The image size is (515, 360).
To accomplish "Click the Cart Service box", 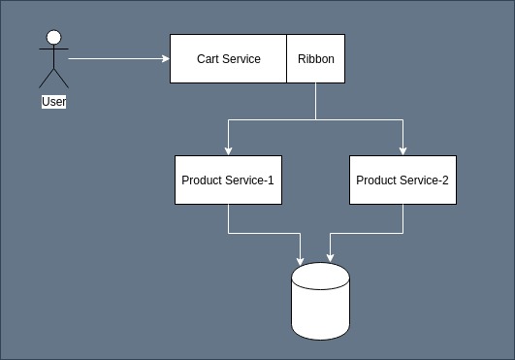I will pos(228,59).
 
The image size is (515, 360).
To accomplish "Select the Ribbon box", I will pos(315,59).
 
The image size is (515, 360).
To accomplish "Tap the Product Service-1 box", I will pos(228,180).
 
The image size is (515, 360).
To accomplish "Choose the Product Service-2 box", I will pos(402,180).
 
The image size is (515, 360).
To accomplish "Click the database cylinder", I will pos(320,300).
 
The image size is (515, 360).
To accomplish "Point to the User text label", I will pos(54,101).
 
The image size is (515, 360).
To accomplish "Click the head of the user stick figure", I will pos(54,38).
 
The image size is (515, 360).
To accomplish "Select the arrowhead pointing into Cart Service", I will pos(165,59).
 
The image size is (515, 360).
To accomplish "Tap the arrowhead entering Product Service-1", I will pos(228,149).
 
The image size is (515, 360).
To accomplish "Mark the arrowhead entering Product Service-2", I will pos(402,149).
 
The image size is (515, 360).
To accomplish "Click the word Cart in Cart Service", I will pos(209,59).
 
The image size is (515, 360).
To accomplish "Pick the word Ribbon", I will pos(315,59).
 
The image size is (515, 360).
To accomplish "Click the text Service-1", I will pos(255,180).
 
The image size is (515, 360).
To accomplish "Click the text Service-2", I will pos(430,180).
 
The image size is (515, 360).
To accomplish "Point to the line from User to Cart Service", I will pos(116,59).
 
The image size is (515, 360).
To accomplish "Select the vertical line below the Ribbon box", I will pos(315,102).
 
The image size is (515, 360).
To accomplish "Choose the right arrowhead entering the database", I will pos(331,258).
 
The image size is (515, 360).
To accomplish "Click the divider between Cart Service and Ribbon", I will pos(286,59).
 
